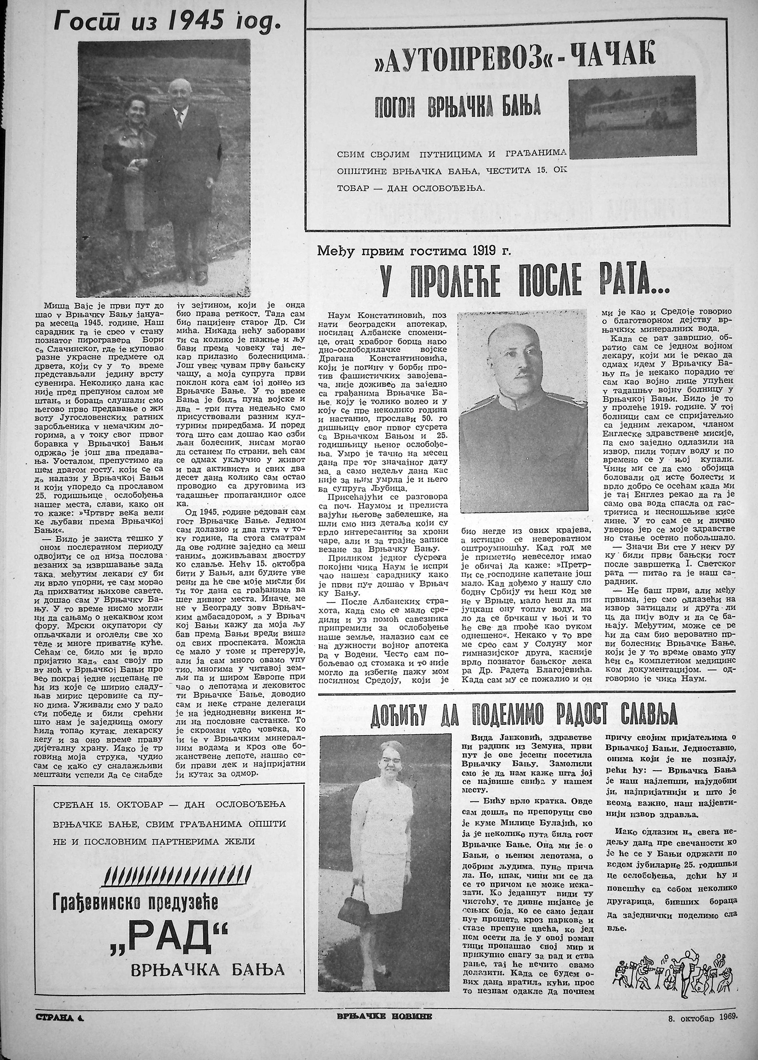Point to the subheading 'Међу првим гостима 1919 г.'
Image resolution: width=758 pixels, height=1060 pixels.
click(x=414, y=252)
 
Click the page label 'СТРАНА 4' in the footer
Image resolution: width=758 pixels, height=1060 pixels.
click(x=61, y=1043)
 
